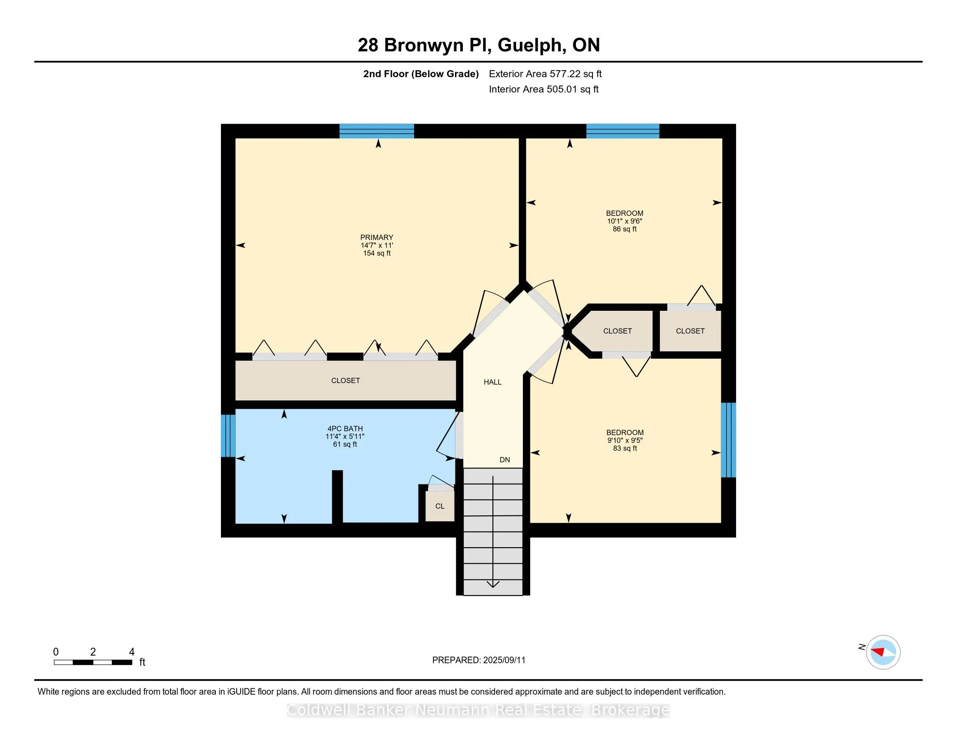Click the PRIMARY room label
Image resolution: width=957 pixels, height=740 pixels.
pyautogui.click(x=377, y=237)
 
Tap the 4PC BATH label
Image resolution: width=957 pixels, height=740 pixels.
pyautogui.click(x=345, y=429)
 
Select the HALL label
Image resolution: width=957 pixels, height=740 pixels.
pyautogui.click(x=492, y=382)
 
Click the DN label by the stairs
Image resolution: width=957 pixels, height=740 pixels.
pyautogui.click(x=505, y=460)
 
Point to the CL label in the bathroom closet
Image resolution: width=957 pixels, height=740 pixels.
pyautogui.click(x=440, y=506)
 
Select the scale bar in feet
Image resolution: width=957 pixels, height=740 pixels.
pyautogui.click(x=94, y=663)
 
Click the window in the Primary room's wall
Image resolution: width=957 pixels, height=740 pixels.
pyautogui.click(x=377, y=131)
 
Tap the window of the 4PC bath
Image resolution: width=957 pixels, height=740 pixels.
pyautogui.click(x=228, y=436)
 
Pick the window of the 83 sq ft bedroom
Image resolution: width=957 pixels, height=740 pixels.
pyautogui.click(x=728, y=440)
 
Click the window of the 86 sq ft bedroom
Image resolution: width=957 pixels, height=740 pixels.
pyautogui.click(x=622, y=131)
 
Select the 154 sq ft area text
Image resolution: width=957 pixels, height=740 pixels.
pyautogui.click(x=377, y=253)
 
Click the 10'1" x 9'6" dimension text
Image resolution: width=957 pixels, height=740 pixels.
pyautogui.click(x=625, y=222)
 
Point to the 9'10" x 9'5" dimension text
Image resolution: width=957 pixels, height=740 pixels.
pyautogui.click(x=625, y=441)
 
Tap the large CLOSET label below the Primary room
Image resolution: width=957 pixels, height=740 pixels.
pyautogui.click(x=346, y=380)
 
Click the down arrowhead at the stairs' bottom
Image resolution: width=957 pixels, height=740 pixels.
pyautogui.click(x=493, y=584)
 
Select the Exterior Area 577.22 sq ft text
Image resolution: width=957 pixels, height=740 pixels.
pyautogui.click(x=545, y=74)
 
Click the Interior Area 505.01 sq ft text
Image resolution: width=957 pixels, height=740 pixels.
pyautogui.click(x=544, y=89)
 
